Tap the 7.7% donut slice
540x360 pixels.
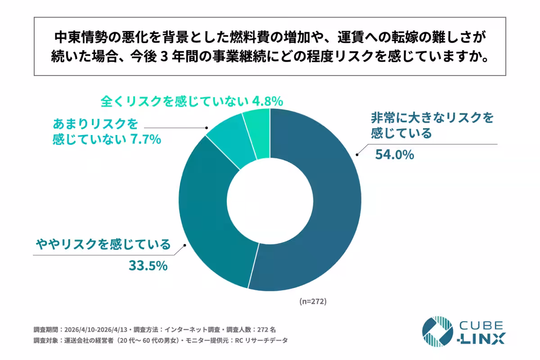coord(227,144)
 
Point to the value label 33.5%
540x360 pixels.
coord(148,265)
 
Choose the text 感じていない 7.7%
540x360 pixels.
coord(107,139)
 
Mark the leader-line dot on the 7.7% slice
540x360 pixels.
coord(207,128)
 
